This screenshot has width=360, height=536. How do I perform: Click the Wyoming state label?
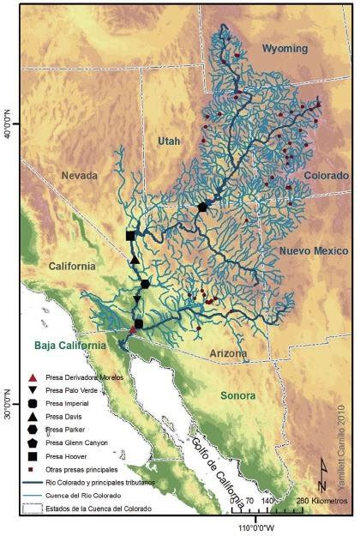click(x=284, y=48)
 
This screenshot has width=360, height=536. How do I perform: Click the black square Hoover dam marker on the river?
click(x=130, y=236)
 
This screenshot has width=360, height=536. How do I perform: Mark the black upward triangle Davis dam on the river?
click(x=135, y=260)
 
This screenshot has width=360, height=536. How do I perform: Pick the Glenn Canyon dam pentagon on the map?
click(x=202, y=207)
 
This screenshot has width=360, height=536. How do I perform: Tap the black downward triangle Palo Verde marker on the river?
click(x=136, y=299)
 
